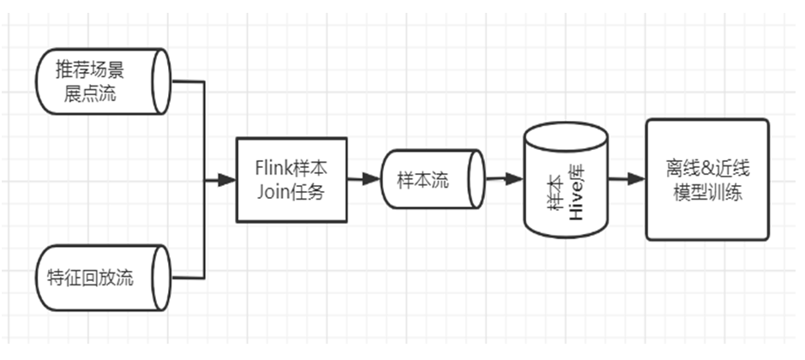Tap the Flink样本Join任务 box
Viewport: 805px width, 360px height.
[x=291, y=179]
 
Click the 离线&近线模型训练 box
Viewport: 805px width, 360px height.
[x=707, y=179]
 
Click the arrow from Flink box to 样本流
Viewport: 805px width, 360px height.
[x=363, y=180]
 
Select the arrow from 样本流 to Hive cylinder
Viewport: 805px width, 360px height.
[x=505, y=180]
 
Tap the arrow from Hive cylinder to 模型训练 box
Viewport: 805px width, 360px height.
[x=627, y=180]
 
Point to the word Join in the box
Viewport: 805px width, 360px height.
[x=272, y=192]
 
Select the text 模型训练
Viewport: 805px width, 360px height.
[x=707, y=192]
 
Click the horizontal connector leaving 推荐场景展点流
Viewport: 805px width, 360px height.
[x=188, y=81]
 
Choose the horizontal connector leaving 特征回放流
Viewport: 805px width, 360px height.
[x=188, y=278]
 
